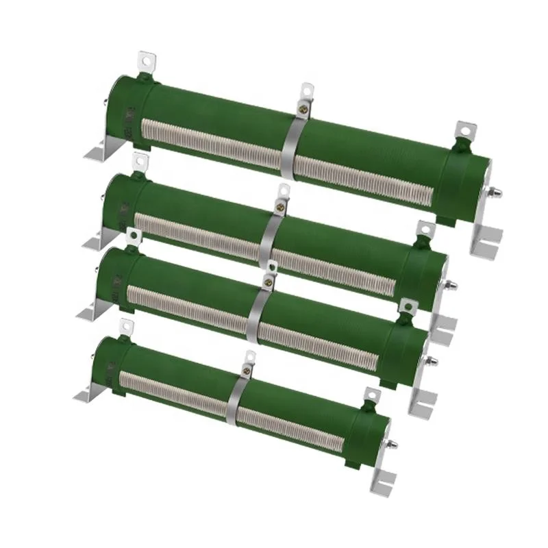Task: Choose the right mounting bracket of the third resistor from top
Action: tap(421, 397)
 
